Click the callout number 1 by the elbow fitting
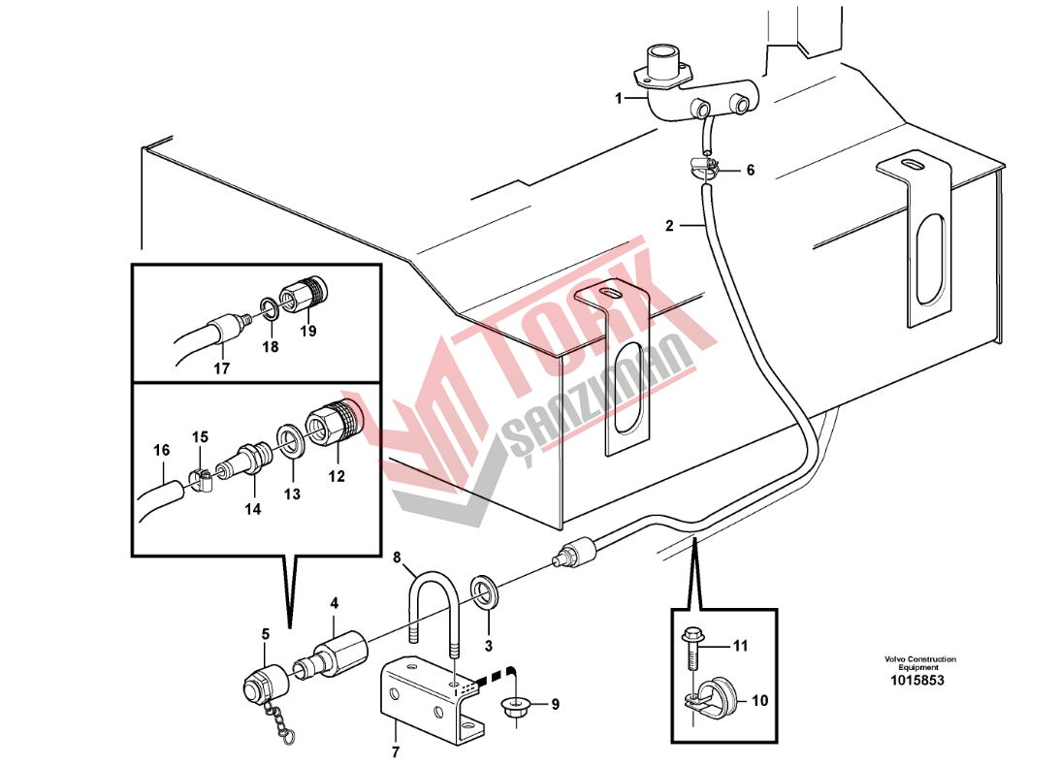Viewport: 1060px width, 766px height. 618,99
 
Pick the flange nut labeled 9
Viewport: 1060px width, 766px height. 517,707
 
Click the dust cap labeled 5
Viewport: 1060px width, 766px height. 265,685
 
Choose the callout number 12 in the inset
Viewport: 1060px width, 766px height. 336,476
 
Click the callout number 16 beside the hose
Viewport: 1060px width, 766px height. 161,450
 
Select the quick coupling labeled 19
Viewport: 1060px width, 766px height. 303,293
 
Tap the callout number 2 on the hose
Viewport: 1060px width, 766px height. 669,225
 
